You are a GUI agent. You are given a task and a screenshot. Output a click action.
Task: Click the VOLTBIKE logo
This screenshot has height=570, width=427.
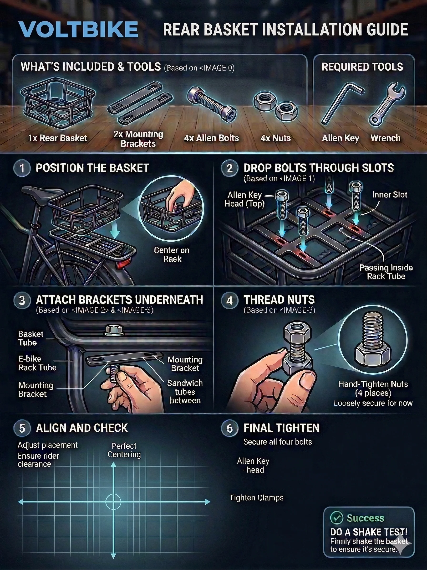tap(78, 30)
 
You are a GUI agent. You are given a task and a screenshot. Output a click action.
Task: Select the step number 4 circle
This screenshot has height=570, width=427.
tap(229, 301)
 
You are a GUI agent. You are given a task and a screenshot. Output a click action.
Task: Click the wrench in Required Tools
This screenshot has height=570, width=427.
tap(387, 104)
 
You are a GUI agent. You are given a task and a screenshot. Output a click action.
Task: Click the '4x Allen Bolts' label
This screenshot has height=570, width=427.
tap(211, 138)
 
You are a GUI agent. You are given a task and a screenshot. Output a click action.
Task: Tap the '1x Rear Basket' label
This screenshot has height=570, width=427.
tap(58, 138)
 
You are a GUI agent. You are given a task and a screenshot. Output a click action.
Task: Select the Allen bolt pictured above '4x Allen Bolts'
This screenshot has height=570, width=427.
tap(211, 103)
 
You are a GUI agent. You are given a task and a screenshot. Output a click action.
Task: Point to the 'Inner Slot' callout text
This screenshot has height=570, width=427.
tap(389, 195)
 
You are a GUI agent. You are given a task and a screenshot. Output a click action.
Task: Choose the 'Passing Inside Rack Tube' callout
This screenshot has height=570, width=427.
tap(386, 272)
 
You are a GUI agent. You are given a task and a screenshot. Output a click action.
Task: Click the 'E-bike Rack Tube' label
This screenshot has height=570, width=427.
tap(37, 363)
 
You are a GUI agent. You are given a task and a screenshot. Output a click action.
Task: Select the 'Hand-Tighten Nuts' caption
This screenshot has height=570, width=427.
tap(373, 384)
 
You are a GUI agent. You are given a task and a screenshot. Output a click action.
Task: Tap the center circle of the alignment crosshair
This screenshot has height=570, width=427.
tap(113, 502)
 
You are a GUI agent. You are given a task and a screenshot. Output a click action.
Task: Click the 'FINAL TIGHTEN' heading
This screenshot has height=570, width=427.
tap(282, 428)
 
